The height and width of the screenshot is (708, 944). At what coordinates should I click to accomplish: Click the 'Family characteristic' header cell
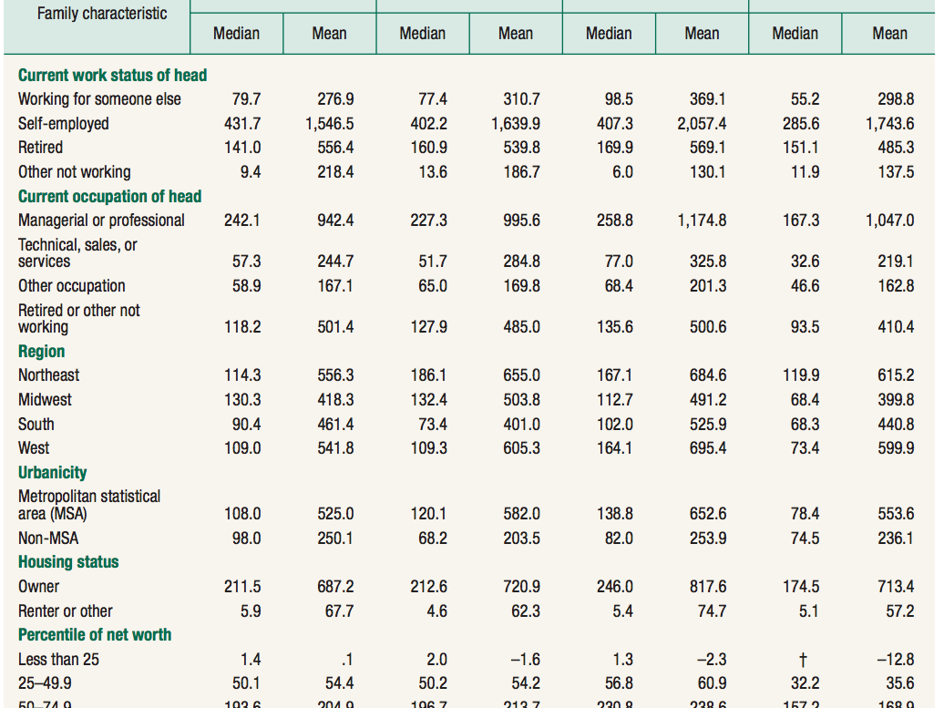(102, 14)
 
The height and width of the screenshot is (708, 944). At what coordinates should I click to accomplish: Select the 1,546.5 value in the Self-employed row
(329, 124)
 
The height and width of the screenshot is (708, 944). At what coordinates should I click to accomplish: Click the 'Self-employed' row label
(63, 124)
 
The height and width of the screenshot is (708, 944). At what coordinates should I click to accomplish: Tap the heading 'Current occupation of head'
(109, 196)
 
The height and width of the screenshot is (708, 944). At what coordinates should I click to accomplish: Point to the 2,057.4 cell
(701, 124)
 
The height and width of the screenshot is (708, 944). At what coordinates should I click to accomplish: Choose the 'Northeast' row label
(48, 375)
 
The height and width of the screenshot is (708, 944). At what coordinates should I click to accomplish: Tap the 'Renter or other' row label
(66, 611)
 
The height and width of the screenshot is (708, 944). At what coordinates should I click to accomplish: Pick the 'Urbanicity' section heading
(52, 473)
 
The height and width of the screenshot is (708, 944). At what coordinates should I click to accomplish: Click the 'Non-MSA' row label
(48, 539)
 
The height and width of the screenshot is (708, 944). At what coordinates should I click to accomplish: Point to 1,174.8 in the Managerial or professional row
(701, 221)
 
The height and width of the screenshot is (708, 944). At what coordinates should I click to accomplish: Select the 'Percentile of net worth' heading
(94, 635)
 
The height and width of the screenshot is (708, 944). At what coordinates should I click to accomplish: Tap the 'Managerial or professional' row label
(101, 221)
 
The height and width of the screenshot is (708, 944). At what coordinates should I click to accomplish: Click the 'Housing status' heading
(68, 562)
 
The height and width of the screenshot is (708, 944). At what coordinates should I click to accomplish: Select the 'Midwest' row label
(45, 400)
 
